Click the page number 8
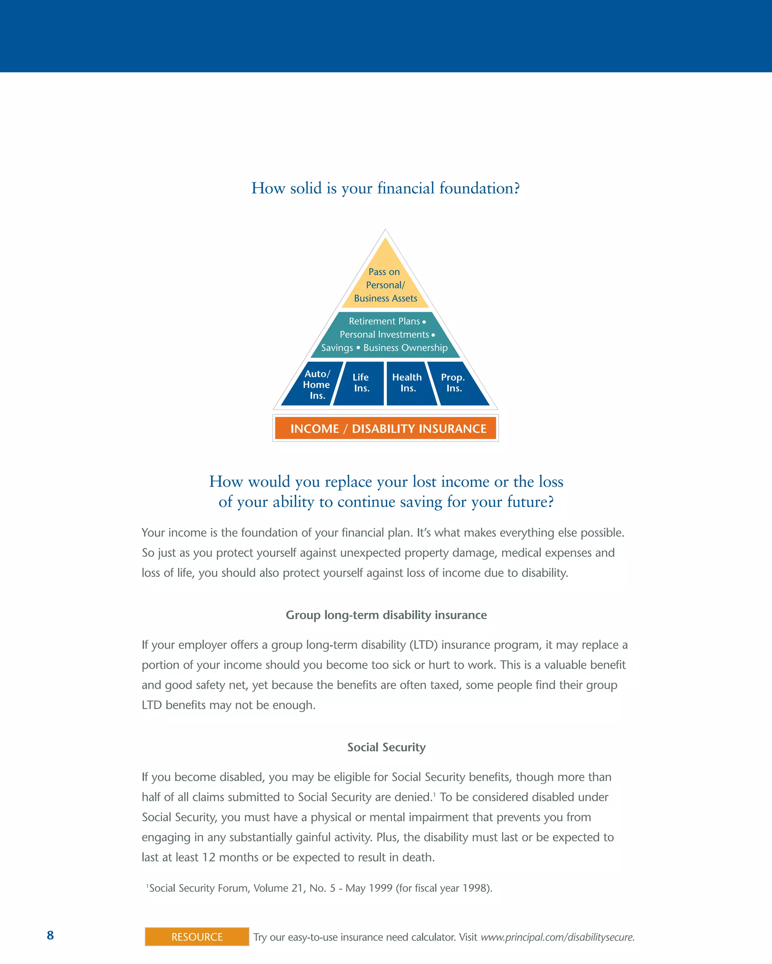50,935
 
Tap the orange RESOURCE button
197,937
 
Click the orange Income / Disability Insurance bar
385,429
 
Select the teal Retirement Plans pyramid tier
385,335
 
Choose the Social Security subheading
386,747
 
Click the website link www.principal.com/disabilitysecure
557,937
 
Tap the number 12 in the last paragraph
208,857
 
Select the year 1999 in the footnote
380,888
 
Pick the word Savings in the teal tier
337,348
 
